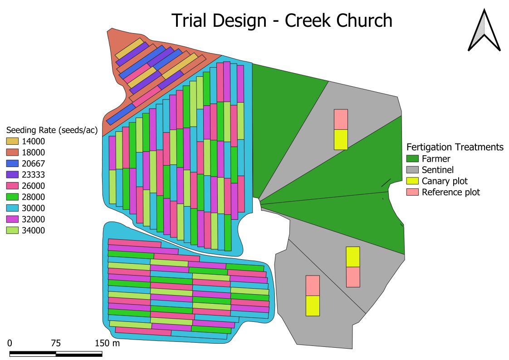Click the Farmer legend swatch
412,159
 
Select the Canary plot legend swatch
412,181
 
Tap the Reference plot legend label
450,192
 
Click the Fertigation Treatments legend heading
455,147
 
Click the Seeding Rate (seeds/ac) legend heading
51,130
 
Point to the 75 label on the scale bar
55,343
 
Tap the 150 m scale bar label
107,343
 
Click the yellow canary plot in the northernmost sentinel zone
341,139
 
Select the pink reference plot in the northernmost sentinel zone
341,119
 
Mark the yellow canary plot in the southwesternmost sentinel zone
313,306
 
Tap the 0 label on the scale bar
10,343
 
